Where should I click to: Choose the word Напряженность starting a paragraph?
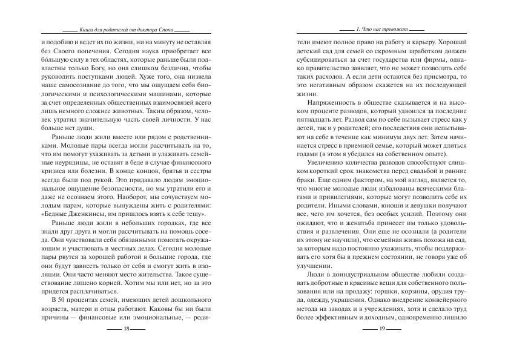[332, 103]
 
